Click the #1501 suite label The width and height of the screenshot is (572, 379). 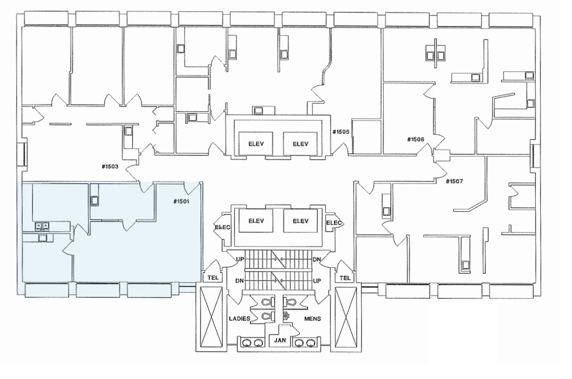(181, 202)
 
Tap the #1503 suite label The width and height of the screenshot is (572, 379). (109, 166)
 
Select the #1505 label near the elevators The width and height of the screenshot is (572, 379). (340, 132)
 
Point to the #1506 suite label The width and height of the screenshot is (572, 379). (416, 140)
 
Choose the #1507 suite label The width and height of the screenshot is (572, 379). (455, 181)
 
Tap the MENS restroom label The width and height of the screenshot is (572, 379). (312, 319)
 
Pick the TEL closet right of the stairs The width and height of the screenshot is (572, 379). (345, 278)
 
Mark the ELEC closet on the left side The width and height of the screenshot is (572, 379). (222, 227)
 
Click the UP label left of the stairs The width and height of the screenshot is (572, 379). (239, 260)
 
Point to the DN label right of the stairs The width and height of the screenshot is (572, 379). (317, 260)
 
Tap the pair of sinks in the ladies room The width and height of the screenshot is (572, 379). (252, 343)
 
